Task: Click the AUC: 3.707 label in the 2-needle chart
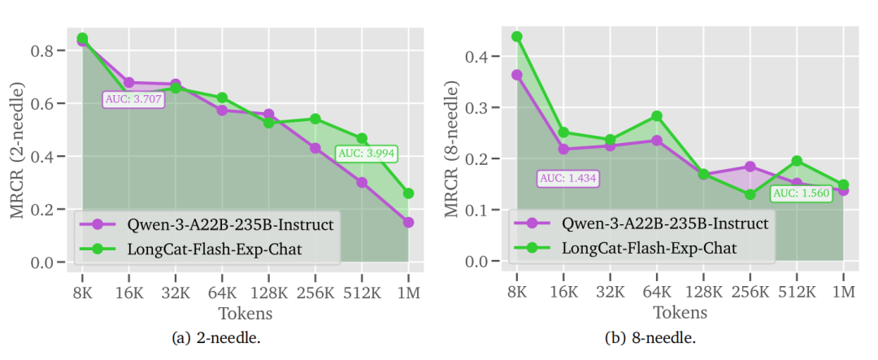coord(134,99)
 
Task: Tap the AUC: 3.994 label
coord(367,152)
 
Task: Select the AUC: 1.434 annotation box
coord(567,178)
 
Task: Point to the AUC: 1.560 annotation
coord(801,193)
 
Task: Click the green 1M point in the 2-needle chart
coord(408,193)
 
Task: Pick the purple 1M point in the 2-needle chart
coord(408,222)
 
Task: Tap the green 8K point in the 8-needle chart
coord(517,37)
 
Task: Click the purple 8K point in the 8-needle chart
coord(517,75)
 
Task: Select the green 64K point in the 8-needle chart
coord(657,116)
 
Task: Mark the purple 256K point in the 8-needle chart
coord(750,167)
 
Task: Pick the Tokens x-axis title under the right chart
coord(680,313)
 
